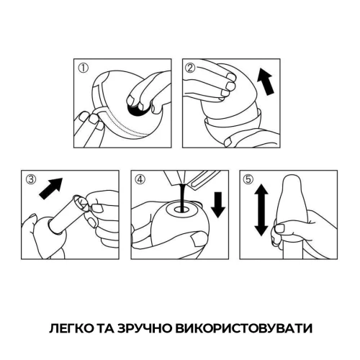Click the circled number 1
83,70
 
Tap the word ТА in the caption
106,328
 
